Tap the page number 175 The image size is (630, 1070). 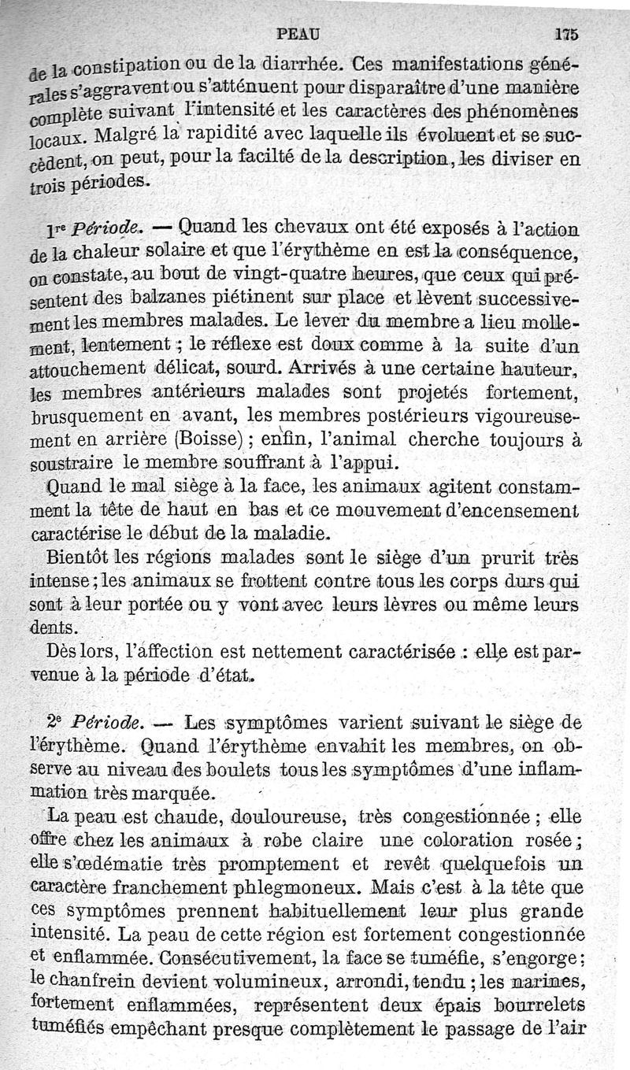pyautogui.click(x=566, y=34)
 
